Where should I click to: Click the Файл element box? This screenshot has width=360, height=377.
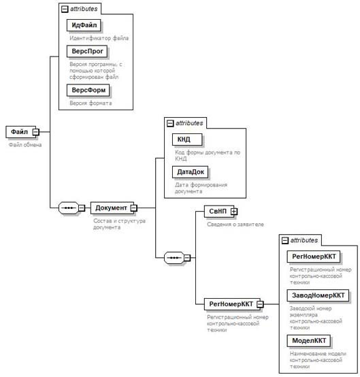pos(20,132)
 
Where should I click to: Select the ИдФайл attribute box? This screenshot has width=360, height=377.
pos(84,25)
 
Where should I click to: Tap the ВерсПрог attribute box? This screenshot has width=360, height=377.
pos(87,51)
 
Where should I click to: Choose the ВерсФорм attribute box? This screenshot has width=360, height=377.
pos(88,90)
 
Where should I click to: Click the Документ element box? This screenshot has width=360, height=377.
pos(112,208)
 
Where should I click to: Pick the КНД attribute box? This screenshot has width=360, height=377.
pos(187,140)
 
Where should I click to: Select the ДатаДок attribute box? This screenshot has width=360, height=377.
pos(191,172)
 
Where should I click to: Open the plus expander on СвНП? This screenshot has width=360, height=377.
pos(234,212)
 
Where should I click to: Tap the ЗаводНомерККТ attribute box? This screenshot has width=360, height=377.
pos(318,295)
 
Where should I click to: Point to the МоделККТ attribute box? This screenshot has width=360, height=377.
pos(309,341)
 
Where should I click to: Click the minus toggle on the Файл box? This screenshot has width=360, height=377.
pos(36,132)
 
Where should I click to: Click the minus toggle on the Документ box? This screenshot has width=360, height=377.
pos(133,208)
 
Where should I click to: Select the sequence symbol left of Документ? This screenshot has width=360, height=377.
pos(69,208)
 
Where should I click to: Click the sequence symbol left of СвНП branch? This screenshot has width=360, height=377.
pos(174,258)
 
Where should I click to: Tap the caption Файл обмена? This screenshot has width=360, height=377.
pos(25,145)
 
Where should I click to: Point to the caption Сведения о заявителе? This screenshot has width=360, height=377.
pos(235,225)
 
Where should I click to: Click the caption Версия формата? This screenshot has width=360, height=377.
pos(91,103)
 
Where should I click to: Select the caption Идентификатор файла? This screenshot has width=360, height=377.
pos(99,38)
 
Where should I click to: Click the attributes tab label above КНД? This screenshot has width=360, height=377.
pos(189,123)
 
